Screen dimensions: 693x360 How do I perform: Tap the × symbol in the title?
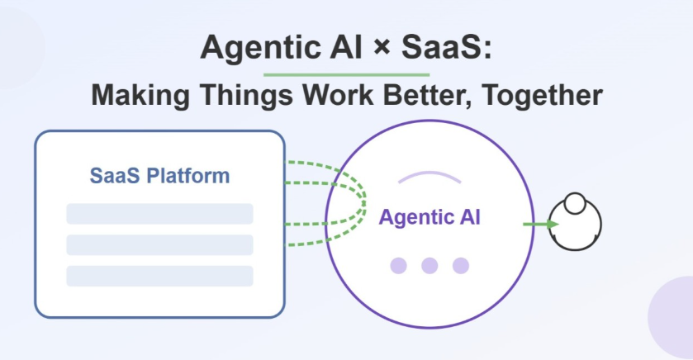[382, 47]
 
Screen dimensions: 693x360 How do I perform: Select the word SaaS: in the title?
[446, 47]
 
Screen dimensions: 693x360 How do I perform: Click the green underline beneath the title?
[347, 74]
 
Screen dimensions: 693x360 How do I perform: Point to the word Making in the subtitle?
[140, 96]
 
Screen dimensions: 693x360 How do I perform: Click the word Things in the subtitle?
[246, 96]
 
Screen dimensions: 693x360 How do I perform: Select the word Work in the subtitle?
[338, 94]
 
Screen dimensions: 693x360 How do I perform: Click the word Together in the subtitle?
[543, 96]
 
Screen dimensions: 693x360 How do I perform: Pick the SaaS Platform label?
[159, 176]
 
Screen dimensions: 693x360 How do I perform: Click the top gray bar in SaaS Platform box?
[159, 214]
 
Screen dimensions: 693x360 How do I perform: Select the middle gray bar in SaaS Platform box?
[159, 244]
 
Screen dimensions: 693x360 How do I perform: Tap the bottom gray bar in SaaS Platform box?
[159, 276]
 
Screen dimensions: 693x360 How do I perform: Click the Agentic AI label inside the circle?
[430, 217]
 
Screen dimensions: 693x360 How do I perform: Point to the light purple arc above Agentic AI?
[430, 173]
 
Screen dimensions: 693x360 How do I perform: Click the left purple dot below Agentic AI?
[399, 266]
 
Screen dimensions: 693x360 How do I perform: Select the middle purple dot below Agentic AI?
[430, 266]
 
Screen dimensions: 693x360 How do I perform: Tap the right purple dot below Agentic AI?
[461, 266]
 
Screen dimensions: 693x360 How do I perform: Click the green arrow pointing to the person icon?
[540, 225]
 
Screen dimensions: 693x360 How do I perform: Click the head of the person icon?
[575, 204]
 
